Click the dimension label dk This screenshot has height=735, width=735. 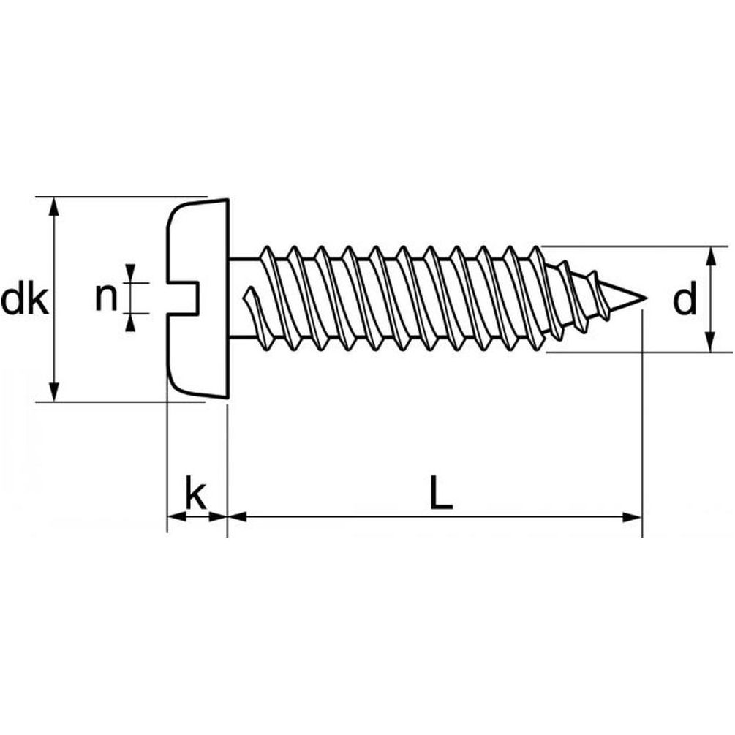(x=25, y=299)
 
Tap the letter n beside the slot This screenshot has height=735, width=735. (x=106, y=298)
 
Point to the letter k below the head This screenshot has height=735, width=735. (x=195, y=496)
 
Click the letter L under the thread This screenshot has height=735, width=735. (x=440, y=494)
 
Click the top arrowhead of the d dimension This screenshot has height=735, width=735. (x=709, y=255)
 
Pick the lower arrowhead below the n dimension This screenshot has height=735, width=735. (x=130, y=323)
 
